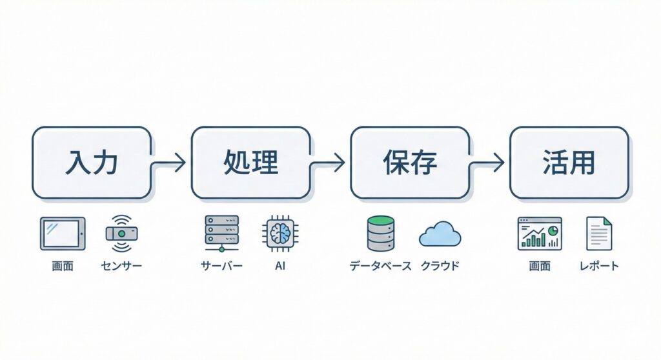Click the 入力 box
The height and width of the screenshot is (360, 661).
92,163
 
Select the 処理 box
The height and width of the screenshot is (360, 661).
250,163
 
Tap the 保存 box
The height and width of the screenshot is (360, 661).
409,163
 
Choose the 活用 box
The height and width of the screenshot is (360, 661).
569,163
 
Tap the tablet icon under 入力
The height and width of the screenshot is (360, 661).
63,234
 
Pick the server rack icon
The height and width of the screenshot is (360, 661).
221,234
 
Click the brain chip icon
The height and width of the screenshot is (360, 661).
280,233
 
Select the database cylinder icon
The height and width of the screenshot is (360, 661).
380,234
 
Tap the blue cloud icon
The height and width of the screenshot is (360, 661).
440,235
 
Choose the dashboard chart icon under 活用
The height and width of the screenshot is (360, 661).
540,234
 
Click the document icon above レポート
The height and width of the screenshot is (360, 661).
598,234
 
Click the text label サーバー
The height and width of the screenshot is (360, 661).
221,266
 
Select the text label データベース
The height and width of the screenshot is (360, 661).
380,266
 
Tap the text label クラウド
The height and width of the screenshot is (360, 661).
440,266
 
